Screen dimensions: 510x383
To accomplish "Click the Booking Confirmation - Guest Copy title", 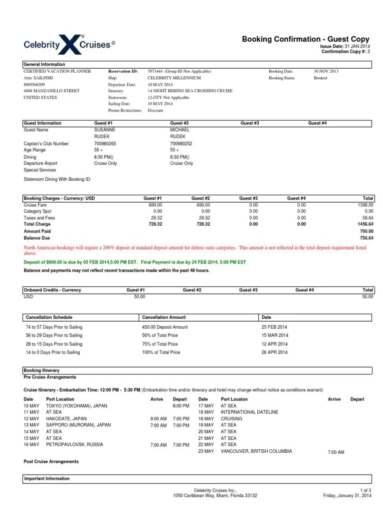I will point(306,39).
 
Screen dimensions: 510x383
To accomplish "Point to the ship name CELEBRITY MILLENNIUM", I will point(174,78).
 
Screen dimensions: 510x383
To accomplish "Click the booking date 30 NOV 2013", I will point(326,71).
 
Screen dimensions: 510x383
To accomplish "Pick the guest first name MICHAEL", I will point(180,129).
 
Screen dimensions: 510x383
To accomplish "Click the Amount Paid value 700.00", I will point(366,231).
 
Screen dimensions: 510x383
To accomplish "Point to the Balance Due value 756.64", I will point(366,238).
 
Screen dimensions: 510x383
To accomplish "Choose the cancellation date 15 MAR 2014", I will point(274,335).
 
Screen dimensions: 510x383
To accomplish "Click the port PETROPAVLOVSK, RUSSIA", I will point(74,444).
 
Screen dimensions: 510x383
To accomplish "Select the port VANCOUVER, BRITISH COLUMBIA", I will point(256,451).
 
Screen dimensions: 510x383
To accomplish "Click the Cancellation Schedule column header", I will point(48,317).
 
